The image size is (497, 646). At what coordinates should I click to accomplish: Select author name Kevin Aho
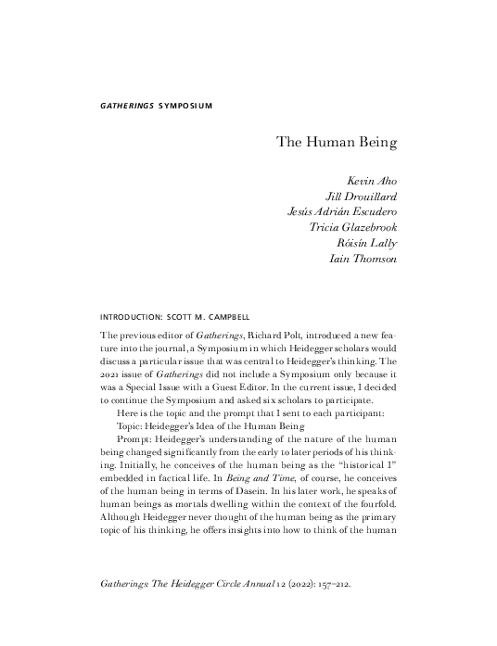coord(371,179)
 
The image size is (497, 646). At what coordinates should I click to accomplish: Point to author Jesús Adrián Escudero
coord(342,210)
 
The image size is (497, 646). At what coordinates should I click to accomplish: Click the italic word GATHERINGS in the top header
coord(126,105)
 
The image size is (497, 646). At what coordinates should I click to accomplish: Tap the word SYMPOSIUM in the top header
coord(185,105)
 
